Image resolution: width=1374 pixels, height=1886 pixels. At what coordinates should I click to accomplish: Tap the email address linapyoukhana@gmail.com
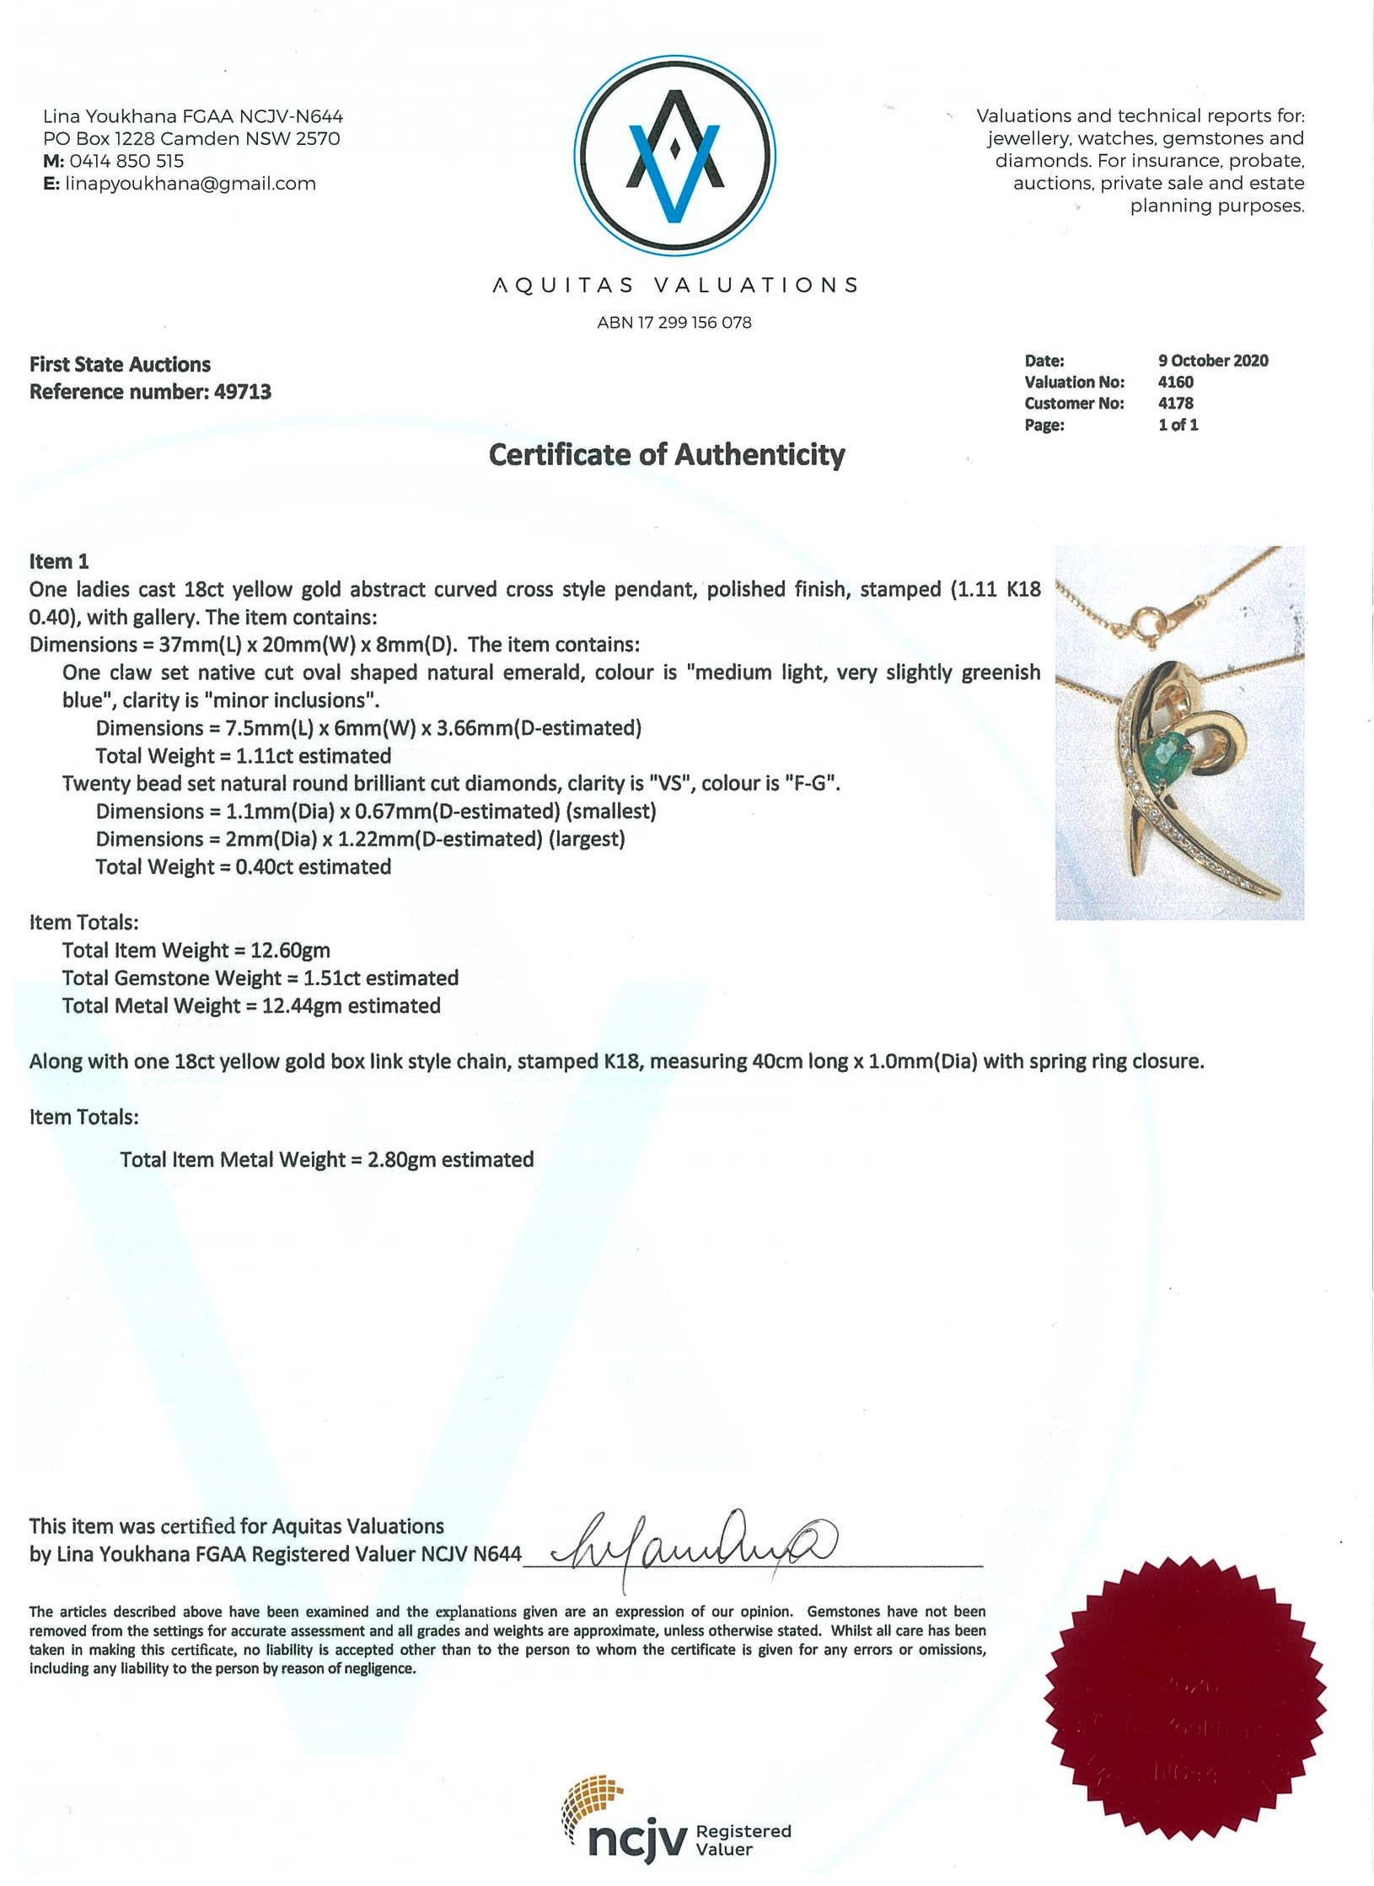191,184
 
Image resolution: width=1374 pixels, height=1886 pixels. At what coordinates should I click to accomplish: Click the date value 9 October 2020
1212,361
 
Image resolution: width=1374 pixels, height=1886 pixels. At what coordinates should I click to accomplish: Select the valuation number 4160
1175,382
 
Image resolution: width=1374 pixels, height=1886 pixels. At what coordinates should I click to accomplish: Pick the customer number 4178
1175,403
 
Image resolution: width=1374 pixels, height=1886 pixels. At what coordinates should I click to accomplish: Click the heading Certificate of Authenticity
667,455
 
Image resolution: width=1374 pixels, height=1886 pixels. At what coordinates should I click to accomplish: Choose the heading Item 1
59,561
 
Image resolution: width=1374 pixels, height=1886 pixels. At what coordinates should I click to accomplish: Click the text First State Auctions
121,365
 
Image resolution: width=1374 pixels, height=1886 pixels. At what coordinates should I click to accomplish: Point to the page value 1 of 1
1178,425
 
